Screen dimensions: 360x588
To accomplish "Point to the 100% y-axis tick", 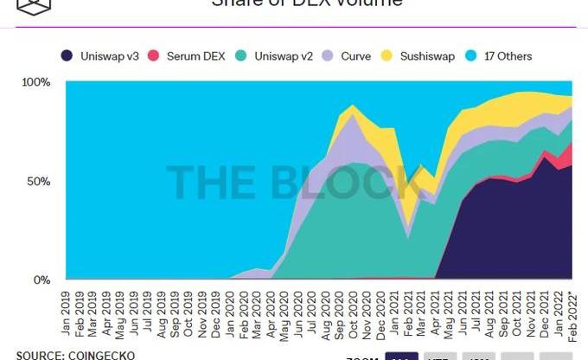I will (35, 82).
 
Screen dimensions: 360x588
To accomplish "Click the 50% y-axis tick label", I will (38, 181).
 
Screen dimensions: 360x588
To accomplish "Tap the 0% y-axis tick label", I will (42, 280).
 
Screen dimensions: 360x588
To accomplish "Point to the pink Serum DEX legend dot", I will (155, 57).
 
